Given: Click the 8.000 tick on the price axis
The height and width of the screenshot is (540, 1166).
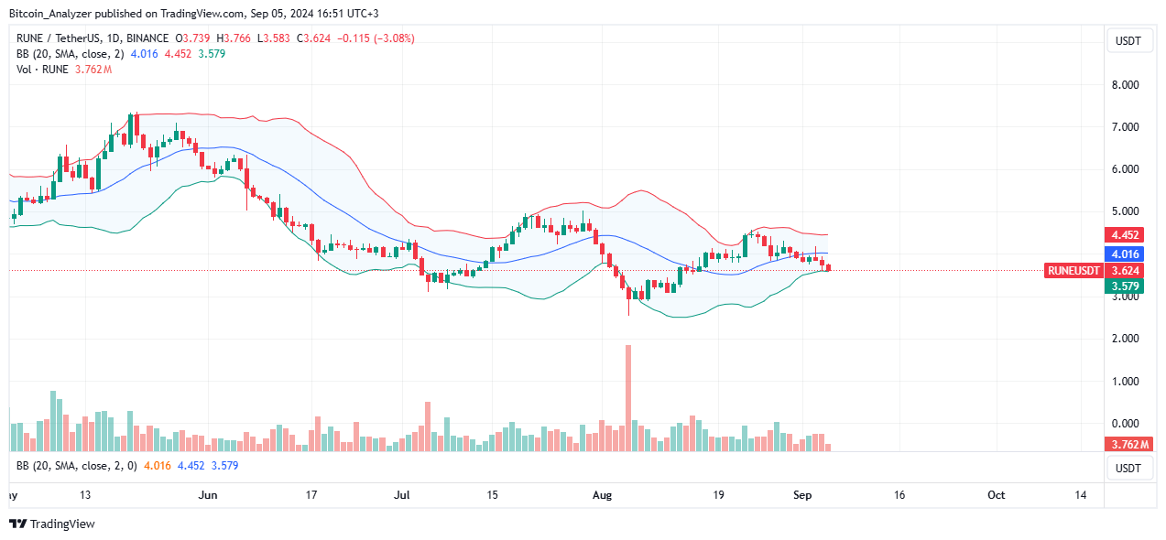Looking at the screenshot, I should (x=1126, y=84).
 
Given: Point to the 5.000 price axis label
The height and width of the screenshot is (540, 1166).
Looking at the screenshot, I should (x=1126, y=211).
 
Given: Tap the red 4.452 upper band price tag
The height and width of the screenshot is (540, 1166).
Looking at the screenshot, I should (x=1126, y=234).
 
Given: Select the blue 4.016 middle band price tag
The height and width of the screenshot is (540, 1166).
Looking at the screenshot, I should (x=1126, y=254).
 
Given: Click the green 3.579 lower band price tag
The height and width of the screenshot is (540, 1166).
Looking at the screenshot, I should (x=1126, y=286).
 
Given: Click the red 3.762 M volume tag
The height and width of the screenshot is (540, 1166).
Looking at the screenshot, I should (x=1126, y=444).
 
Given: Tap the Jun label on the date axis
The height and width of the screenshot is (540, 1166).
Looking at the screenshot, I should (x=208, y=495).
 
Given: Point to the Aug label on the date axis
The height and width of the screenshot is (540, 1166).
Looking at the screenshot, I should (x=602, y=495).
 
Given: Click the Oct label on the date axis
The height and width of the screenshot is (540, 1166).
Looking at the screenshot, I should (x=996, y=495).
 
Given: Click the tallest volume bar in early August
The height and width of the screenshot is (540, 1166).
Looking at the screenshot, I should (x=628, y=398).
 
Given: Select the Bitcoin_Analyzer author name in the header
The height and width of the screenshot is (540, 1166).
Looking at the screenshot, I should (x=52, y=14).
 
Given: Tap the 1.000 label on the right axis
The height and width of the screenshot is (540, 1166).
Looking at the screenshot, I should (x=1126, y=381).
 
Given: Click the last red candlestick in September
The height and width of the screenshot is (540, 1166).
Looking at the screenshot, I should (x=828, y=267).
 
